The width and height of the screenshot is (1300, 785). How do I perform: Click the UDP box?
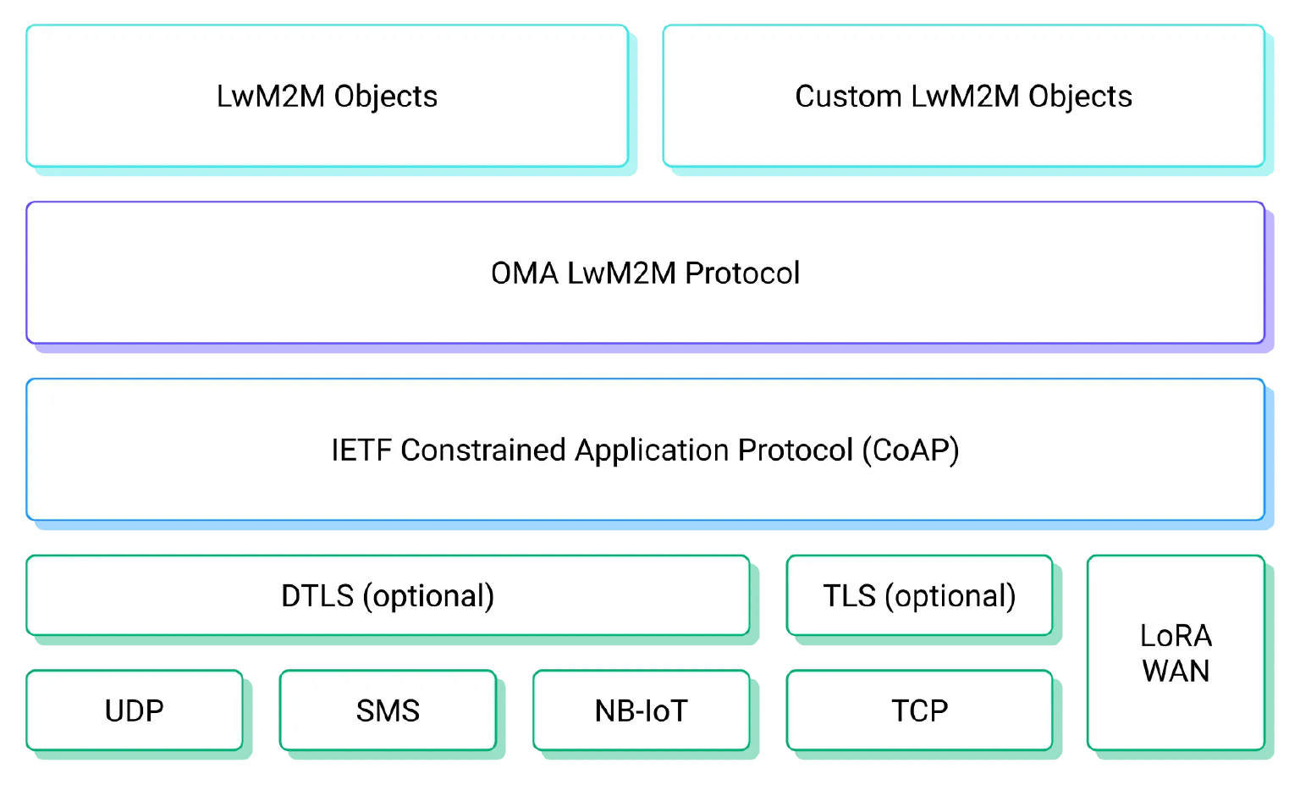[x=134, y=710]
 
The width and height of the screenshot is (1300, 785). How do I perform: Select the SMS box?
[x=388, y=710]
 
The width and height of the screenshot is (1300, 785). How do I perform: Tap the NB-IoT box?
[x=641, y=710]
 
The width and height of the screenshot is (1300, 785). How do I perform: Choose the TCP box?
[x=919, y=710]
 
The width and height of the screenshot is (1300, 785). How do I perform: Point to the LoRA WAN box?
[x=1176, y=653]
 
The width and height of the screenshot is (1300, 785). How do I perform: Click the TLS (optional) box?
[x=919, y=595]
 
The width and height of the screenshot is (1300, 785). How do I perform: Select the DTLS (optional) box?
[x=388, y=595]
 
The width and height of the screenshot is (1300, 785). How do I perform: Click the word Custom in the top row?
[x=848, y=97]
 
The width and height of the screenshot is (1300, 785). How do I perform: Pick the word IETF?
[x=361, y=451]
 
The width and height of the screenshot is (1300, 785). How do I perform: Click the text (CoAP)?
[x=911, y=451]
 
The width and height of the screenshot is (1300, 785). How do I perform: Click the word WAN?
[x=1176, y=672]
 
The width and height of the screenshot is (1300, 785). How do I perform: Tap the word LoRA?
[x=1176, y=636]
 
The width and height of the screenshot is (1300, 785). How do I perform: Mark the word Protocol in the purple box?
[x=742, y=274]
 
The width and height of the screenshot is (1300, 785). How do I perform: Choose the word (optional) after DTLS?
[x=428, y=596]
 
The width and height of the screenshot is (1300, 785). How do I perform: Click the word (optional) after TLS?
[x=950, y=596]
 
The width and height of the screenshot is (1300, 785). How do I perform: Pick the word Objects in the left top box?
[x=386, y=97]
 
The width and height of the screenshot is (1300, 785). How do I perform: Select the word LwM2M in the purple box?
[x=621, y=274]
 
